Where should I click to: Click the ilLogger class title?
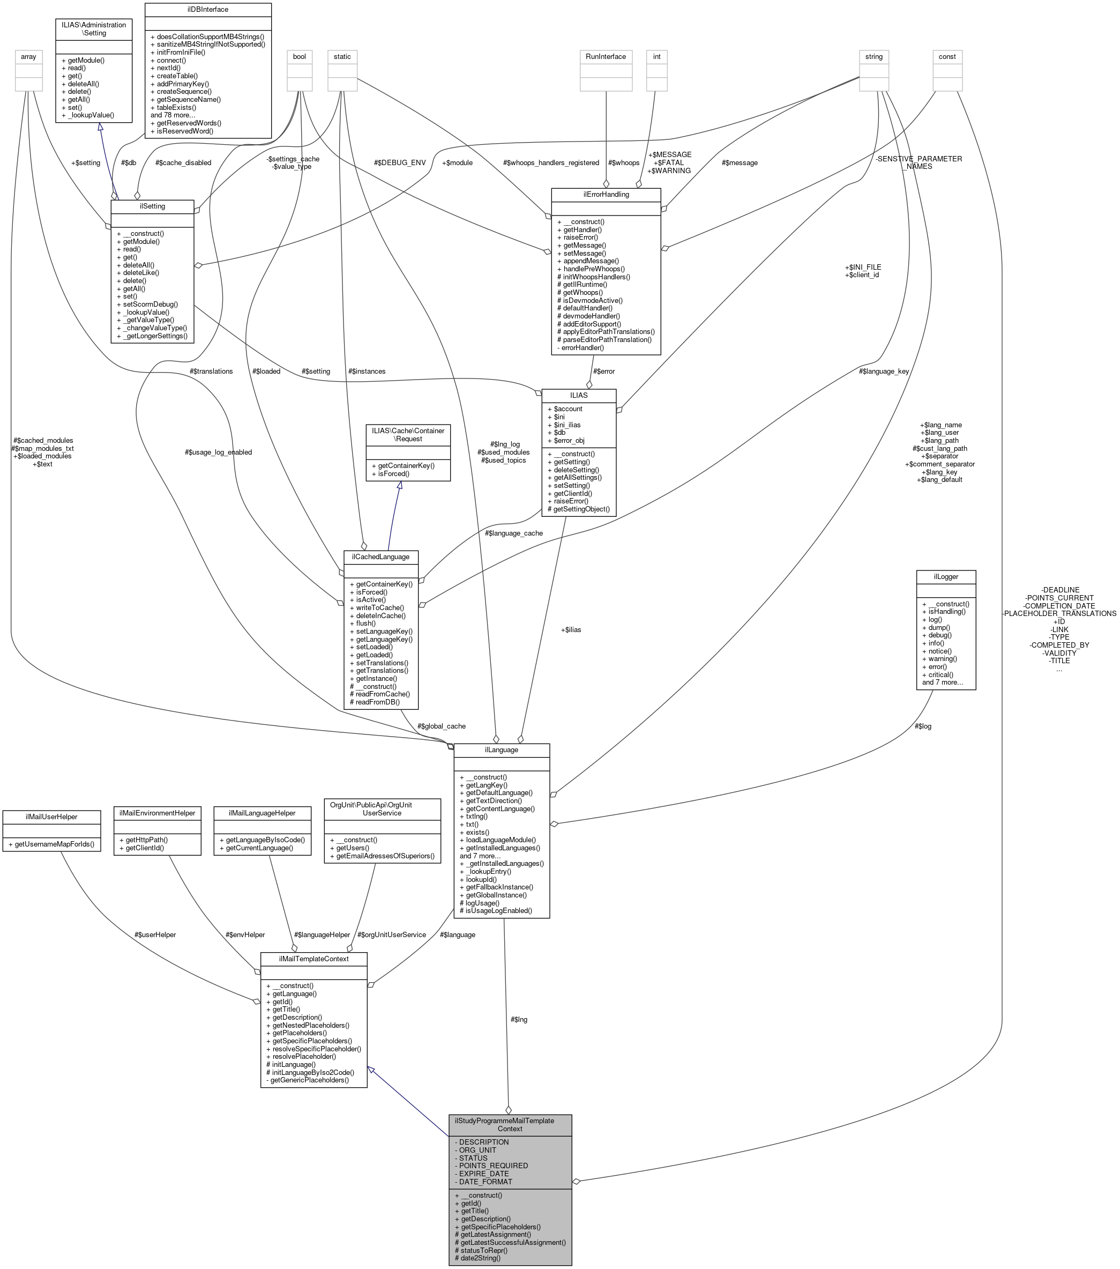[946, 577]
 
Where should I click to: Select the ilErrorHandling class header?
[606, 194]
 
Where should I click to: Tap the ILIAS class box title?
[578, 395]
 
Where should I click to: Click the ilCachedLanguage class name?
[380, 557]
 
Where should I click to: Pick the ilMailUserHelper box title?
[51, 817]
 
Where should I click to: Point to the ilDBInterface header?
[208, 9]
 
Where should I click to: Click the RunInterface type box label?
[606, 56]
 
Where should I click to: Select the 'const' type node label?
[947, 56]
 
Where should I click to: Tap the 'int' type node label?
[656, 56]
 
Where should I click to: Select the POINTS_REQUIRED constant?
[494, 1166]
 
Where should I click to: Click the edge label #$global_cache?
[441, 726]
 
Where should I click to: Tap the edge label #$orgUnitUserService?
[392, 935]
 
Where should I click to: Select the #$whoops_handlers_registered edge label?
[551, 162]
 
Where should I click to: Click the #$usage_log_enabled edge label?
[219, 452]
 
